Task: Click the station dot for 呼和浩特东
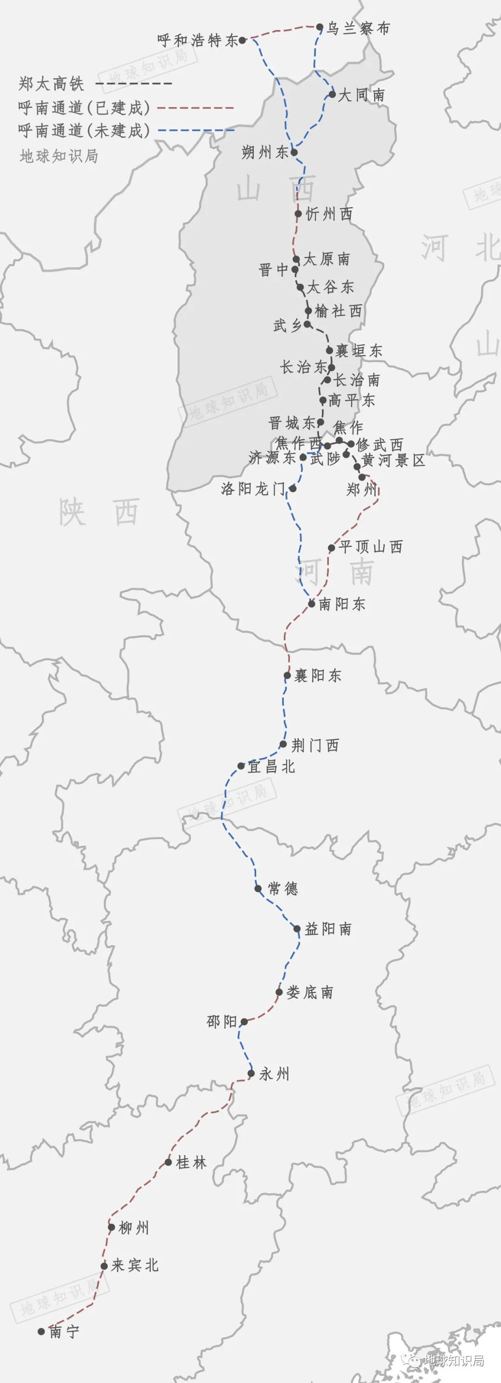click(x=242, y=40)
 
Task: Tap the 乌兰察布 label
click(x=358, y=28)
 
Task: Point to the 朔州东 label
click(x=265, y=153)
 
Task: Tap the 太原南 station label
click(x=327, y=259)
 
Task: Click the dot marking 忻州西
click(x=299, y=214)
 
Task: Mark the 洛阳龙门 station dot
click(x=293, y=489)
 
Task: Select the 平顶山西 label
click(x=371, y=547)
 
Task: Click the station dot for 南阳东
click(x=311, y=604)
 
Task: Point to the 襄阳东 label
click(x=318, y=675)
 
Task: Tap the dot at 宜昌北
click(x=241, y=766)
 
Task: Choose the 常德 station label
click(x=283, y=888)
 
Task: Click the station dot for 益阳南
click(x=297, y=929)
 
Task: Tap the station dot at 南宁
click(x=41, y=1332)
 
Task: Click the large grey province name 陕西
click(x=99, y=512)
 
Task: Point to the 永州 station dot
click(x=251, y=1074)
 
